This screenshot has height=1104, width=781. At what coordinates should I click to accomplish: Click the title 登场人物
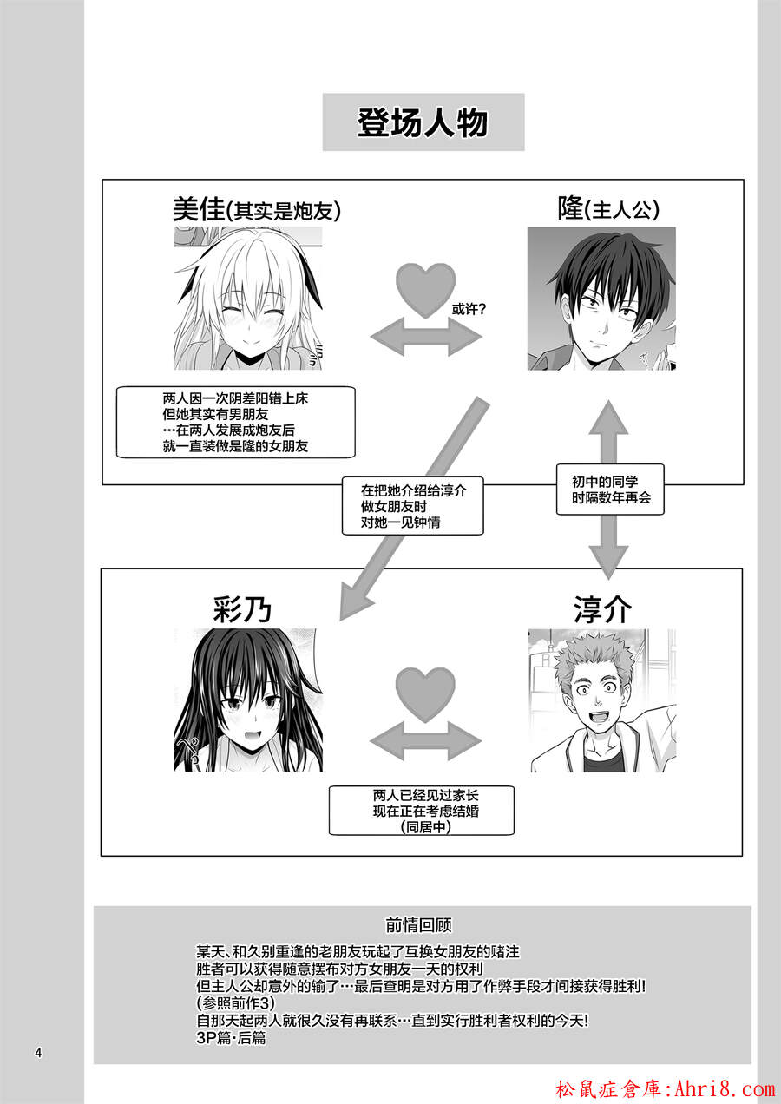pyautogui.click(x=423, y=122)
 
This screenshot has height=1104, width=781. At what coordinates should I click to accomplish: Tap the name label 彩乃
pyautogui.click(x=242, y=609)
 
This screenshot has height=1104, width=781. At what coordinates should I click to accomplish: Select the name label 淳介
pyautogui.click(x=602, y=609)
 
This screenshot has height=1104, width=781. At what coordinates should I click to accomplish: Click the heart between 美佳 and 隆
pyautogui.click(x=426, y=290)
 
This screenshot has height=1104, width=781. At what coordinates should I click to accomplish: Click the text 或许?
pyautogui.click(x=469, y=310)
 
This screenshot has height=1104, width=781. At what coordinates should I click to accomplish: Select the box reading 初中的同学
pyautogui.click(x=610, y=490)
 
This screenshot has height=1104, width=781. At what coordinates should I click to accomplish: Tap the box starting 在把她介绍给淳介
pyautogui.click(x=412, y=506)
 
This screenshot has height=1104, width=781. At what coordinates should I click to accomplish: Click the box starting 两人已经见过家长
pyautogui.click(x=421, y=811)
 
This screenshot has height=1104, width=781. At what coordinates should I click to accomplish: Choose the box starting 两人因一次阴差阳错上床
pyautogui.click(x=235, y=423)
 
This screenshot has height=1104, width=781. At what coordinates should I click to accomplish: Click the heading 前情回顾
pyautogui.click(x=419, y=925)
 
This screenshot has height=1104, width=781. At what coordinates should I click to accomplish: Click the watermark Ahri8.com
pyautogui.click(x=725, y=1089)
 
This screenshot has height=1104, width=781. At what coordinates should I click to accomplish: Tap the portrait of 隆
pyautogui.click(x=601, y=299)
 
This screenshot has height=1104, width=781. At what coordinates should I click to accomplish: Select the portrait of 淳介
pyautogui.click(x=603, y=700)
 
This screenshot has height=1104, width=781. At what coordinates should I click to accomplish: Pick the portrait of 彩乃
pyautogui.click(x=248, y=700)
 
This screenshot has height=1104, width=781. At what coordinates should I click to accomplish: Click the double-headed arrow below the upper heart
pyautogui.click(x=426, y=338)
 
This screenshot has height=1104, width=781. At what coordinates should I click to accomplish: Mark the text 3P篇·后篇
pyautogui.click(x=231, y=1037)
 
